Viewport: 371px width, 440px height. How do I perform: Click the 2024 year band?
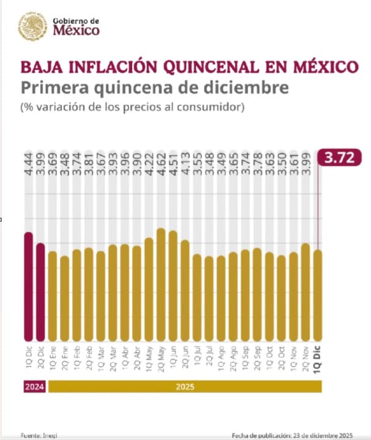tap(32, 387)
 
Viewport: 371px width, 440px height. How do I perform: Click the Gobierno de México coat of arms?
tap(31, 26)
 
